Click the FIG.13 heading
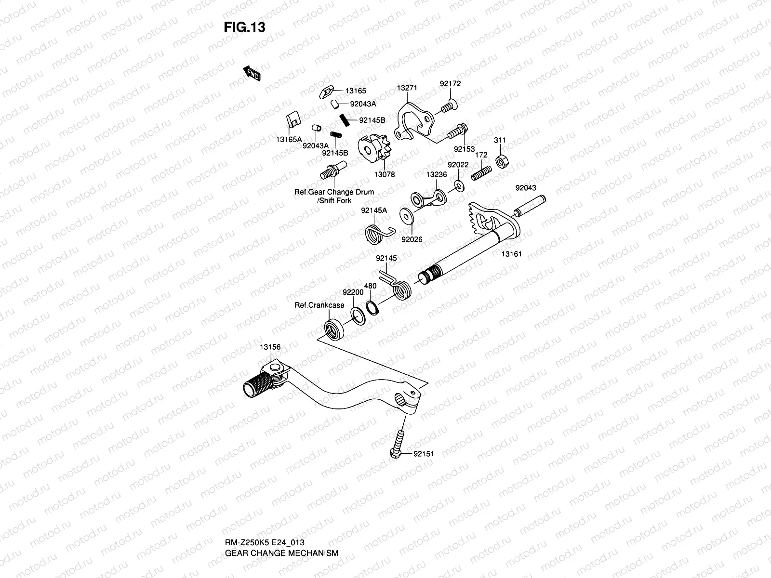tap(244, 27)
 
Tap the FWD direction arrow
tap(252, 73)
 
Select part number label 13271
tap(407, 88)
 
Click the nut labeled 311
tap(501, 162)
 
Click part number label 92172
tap(450, 83)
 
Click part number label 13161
tap(511, 254)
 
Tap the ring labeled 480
tap(372, 307)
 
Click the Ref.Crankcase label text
tap(319, 305)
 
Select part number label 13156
tap(270, 347)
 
